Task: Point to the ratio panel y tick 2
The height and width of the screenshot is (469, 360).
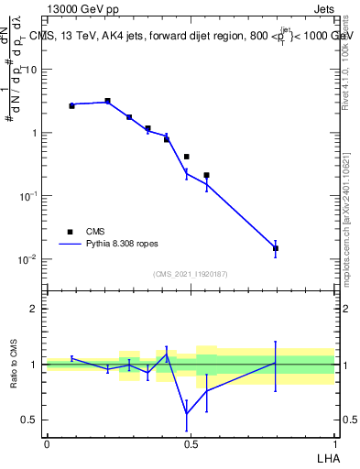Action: (34, 309)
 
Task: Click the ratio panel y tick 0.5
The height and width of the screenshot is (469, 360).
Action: (31, 420)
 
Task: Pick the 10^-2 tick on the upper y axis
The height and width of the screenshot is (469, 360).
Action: (27, 259)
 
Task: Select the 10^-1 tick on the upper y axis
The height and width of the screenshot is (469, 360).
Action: (27, 196)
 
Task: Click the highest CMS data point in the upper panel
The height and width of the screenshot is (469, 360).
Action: (107, 101)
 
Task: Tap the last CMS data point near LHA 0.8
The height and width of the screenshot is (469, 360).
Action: (276, 248)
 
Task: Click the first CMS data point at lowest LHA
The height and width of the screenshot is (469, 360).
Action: (71, 106)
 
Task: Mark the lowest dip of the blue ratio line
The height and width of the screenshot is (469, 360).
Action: (187, 414)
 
